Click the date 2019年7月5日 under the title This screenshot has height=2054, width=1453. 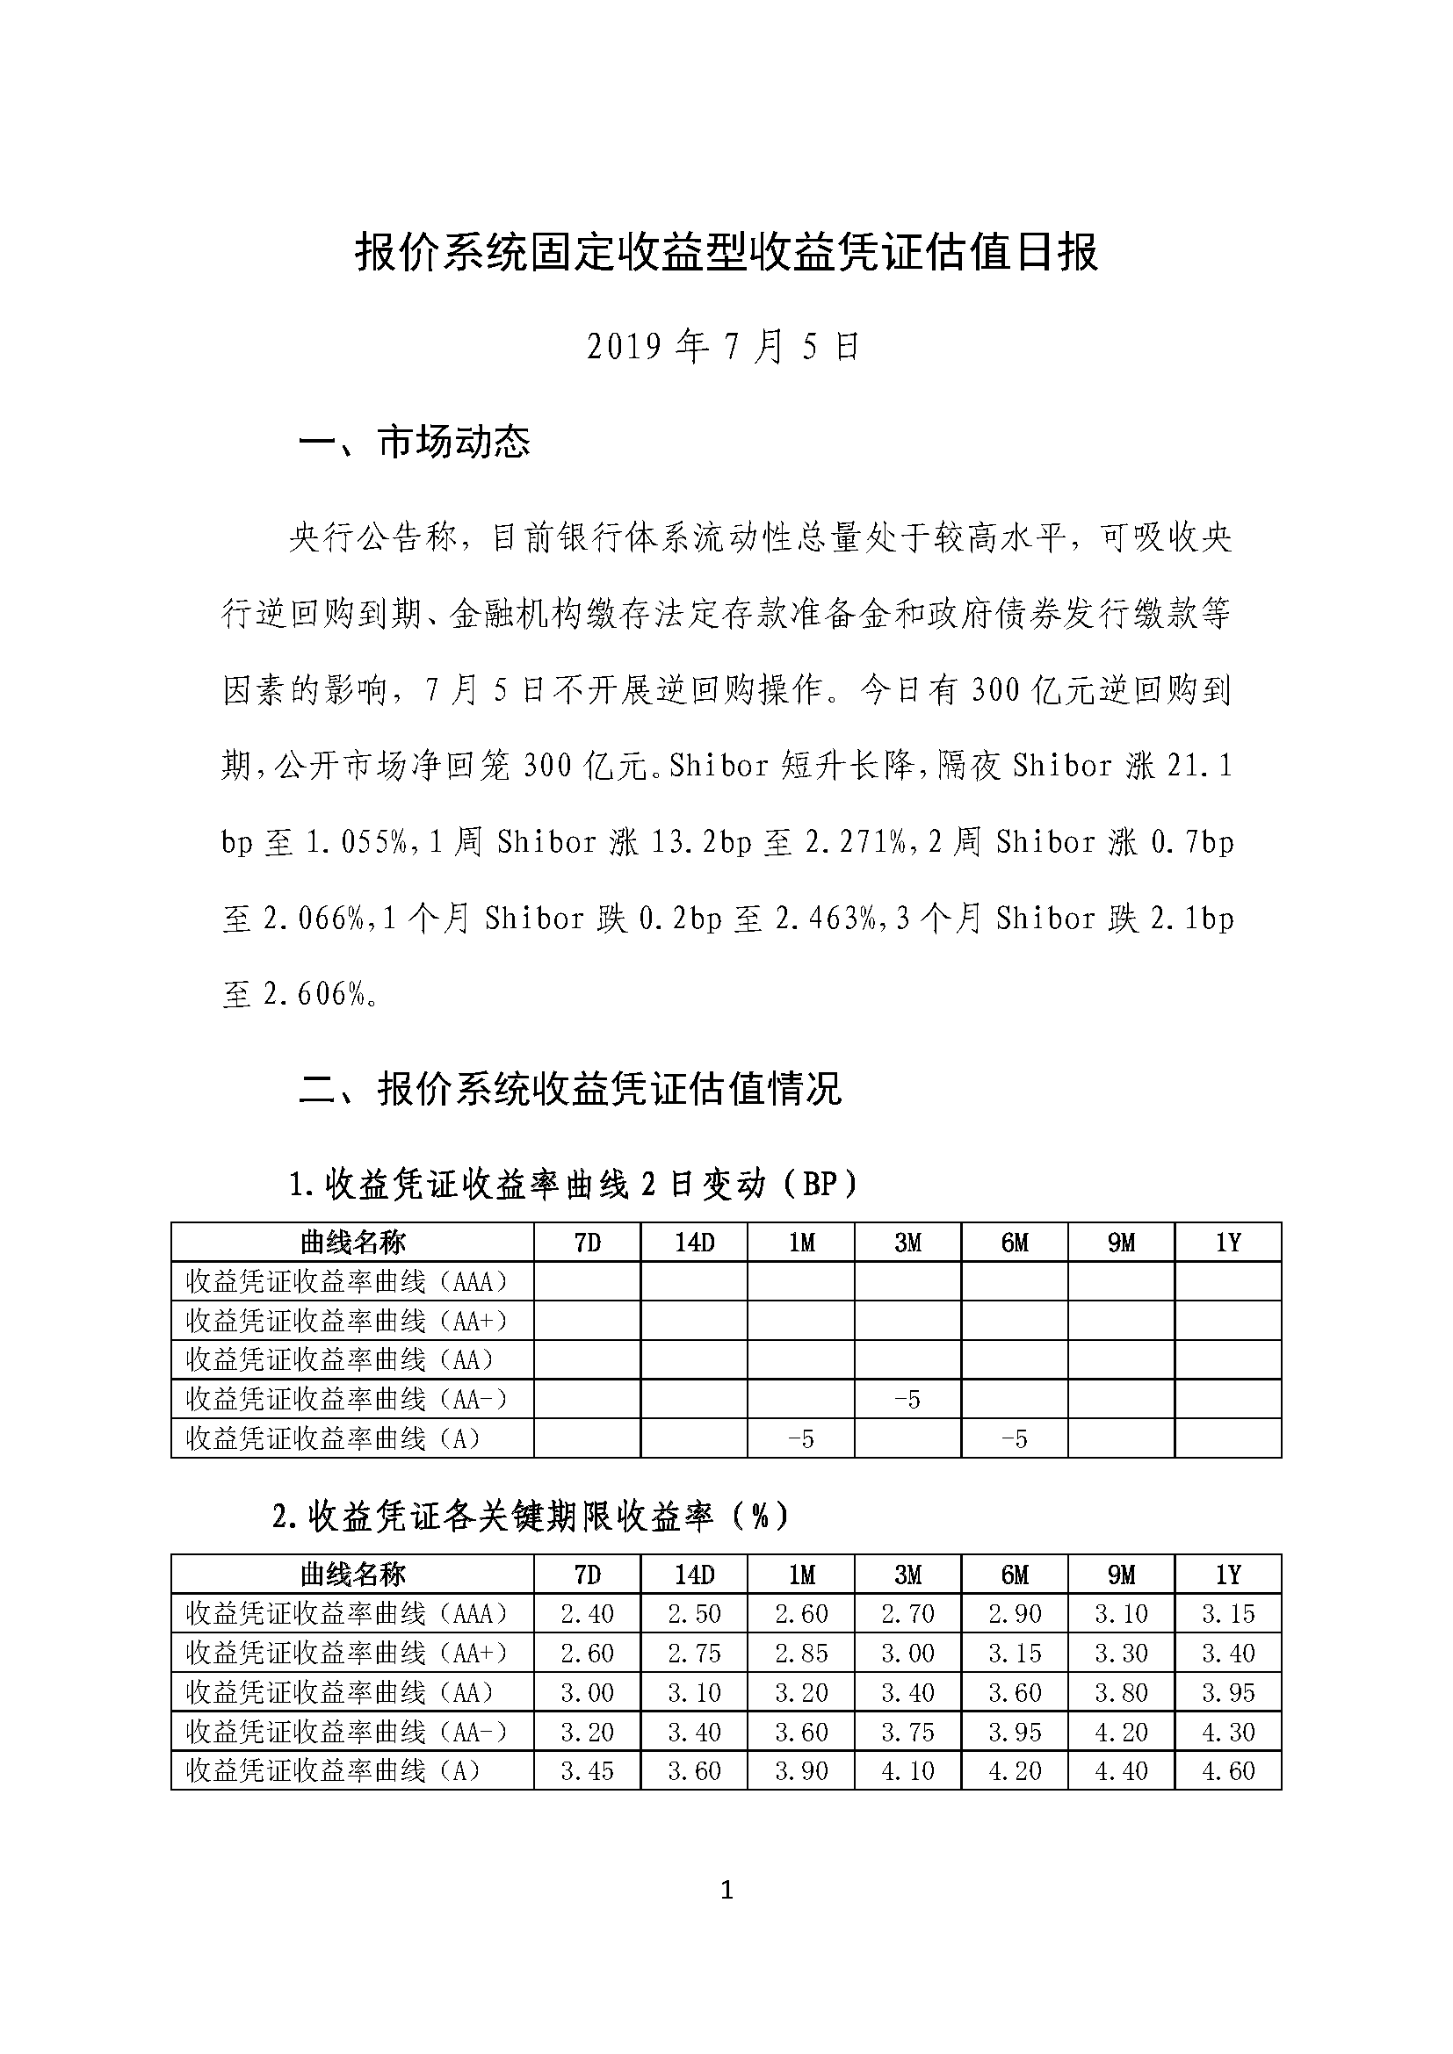click(723, 347)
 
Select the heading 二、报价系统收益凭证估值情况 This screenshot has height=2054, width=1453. click(570, 1090)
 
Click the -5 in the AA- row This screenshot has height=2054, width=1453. click(907, 1399)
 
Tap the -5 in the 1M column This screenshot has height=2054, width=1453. click(801, 1438)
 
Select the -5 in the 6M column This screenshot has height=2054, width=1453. click(1015, 1438)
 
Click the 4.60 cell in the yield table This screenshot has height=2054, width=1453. click(1228, 1770)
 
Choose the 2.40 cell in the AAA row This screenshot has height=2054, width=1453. click(587, 1613)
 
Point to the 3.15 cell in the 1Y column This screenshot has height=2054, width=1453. click(1228, 1613)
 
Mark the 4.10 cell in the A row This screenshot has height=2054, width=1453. click(907, 1770)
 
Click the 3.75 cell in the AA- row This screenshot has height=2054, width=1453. click(907, 1731)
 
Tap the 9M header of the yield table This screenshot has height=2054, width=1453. click(1121, 1574)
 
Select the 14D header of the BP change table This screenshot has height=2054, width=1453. click(694, 1242)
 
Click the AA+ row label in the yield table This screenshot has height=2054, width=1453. click(347, 1653)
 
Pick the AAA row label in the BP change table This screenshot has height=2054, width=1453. click(347, 1281)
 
